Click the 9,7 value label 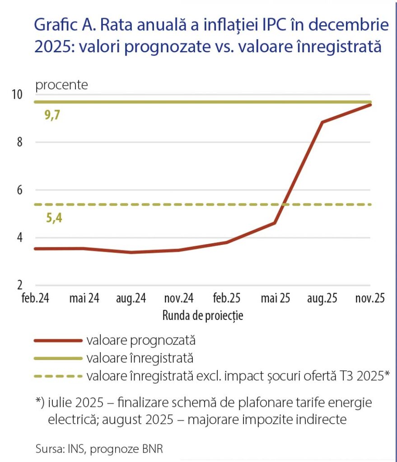52,115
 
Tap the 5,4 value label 54,218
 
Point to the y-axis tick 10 17,94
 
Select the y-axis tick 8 20,142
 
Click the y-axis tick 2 20,285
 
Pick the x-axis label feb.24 35,298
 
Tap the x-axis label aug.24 131,298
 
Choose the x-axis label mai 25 276,298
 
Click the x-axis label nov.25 370,298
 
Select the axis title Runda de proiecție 203,315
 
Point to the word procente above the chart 61,85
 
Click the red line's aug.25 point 322,122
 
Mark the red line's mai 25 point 275,223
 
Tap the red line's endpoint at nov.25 370,105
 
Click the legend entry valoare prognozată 141,341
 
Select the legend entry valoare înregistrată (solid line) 140,358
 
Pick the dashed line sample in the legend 58,376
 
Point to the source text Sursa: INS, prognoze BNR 99,449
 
